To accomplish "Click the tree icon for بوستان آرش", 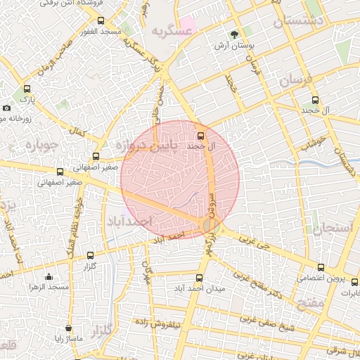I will (x=233, y=34).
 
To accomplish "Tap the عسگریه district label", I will (x=171, y=30).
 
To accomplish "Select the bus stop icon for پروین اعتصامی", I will (x=321, y=267).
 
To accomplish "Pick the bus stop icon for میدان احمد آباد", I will (x=198, y=278).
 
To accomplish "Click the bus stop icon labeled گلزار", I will (x=89, y=255).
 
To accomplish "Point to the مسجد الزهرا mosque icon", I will (x=48, y=276).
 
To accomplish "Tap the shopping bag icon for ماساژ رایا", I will (x=68, y=328).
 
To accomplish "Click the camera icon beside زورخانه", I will (x=6, y=108).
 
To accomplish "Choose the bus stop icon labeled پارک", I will (x=27, y=89).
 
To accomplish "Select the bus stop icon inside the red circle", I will (x=201, y=136).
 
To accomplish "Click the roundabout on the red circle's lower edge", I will (x=210, y=225).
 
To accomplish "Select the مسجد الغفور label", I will (x=101, y=32).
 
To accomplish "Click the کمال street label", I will (x=79, y=131).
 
